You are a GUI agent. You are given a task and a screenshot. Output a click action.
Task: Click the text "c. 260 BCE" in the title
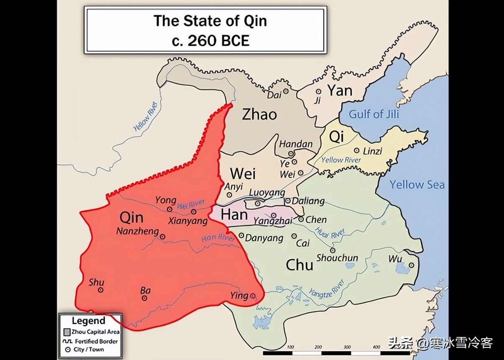(210, 41)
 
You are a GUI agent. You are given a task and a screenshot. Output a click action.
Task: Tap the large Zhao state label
(259, 115)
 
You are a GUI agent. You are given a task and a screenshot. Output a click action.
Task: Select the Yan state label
(339, 90)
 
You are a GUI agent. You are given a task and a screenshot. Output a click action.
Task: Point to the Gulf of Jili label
(374, 114)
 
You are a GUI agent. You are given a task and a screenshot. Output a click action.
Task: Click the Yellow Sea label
(417, 185)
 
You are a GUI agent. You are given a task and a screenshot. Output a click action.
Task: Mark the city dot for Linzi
(357, 151)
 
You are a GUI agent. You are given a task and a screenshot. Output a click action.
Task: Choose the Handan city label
(296, 144)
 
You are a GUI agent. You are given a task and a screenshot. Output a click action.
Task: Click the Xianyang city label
(188, 221)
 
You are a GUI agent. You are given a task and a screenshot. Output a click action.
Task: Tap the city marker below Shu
(100, 290)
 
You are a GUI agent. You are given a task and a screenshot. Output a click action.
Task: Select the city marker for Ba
(144, 298)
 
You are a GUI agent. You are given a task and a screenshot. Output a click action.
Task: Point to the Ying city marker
(253, 296)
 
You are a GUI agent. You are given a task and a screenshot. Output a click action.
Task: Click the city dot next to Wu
(411, 265)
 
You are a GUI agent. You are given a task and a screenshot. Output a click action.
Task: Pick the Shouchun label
(337, 258)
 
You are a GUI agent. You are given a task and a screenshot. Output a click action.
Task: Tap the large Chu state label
(299, 265)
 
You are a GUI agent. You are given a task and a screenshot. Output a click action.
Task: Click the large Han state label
(234, 215)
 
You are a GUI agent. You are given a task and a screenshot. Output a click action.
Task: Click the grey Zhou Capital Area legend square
(67, 332)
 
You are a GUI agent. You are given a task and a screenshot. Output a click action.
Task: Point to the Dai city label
(274, 95)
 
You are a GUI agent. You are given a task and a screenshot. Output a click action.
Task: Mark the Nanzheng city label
(137, 231)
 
